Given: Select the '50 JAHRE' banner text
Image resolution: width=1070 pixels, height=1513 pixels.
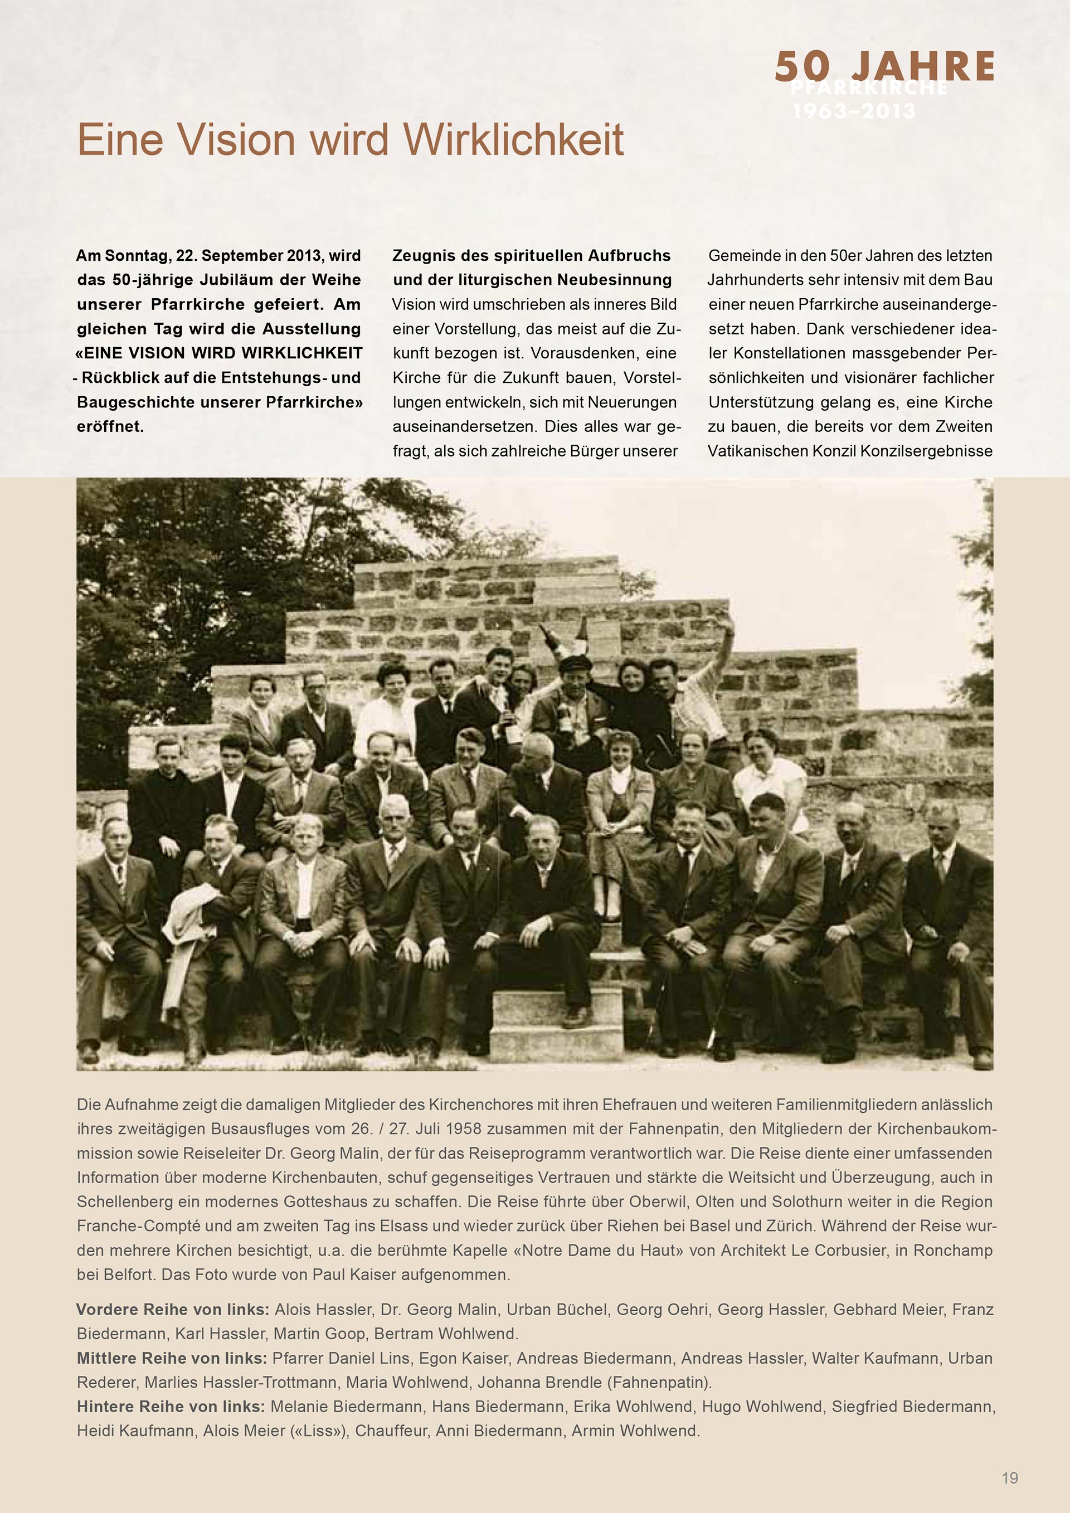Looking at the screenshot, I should tap(884, 66).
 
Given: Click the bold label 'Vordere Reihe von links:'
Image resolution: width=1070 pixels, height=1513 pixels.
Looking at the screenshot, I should tap(173, 1310).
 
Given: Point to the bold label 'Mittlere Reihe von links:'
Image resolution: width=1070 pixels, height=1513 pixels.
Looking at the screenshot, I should tap(171, 1358).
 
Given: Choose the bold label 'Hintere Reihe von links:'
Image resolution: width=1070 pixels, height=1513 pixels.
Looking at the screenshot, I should tap(171, 1407).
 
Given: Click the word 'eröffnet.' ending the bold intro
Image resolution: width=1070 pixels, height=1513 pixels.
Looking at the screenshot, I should tap(110, 426).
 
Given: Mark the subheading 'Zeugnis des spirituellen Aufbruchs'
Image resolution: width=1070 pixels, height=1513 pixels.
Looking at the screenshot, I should tap(531, 256).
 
